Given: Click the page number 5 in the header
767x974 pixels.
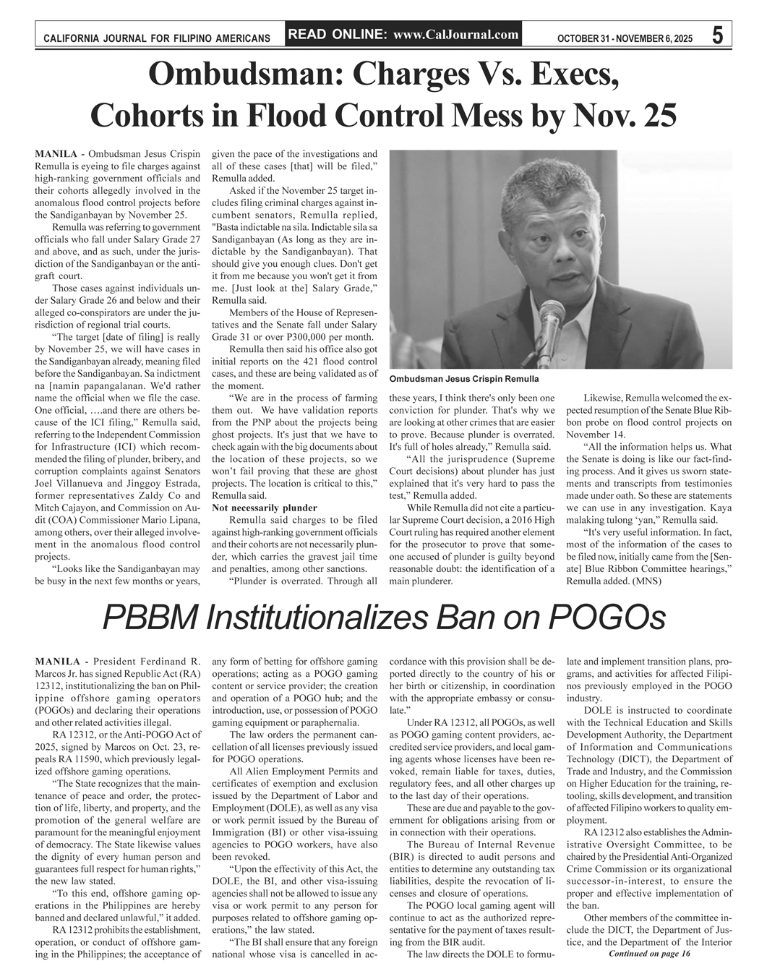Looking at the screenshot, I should point(718,35).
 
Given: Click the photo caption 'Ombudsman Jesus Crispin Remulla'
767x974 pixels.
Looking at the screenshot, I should point(463,379).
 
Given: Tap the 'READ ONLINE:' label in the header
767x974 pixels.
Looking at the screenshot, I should point(338,34).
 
